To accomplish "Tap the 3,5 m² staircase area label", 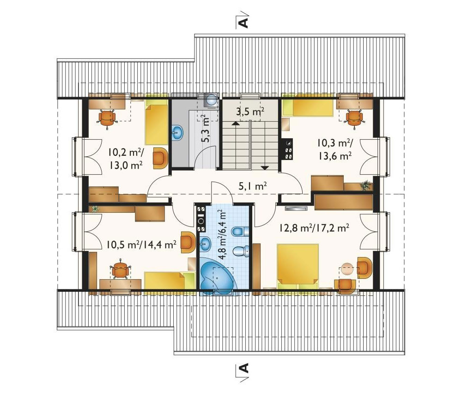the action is click(250, 112).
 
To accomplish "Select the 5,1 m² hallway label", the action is click(253, 186).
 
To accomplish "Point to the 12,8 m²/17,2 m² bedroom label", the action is click(314, 227).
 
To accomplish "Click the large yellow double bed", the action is click(298, 266).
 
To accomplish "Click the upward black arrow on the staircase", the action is click(235, 123).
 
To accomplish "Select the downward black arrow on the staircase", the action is click(265, 168).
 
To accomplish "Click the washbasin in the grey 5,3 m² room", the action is click(178, 132).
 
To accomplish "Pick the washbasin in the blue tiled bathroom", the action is click(206, 244).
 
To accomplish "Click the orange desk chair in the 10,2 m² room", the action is click(106, 118).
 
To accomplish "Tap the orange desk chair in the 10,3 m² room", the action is click(354, 117).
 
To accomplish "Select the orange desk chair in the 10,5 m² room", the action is click(120, 270).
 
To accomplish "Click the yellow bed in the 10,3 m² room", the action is click(307, 108).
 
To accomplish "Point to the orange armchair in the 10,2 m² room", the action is click(160, 158).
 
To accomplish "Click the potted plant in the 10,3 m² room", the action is click(365, 185).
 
